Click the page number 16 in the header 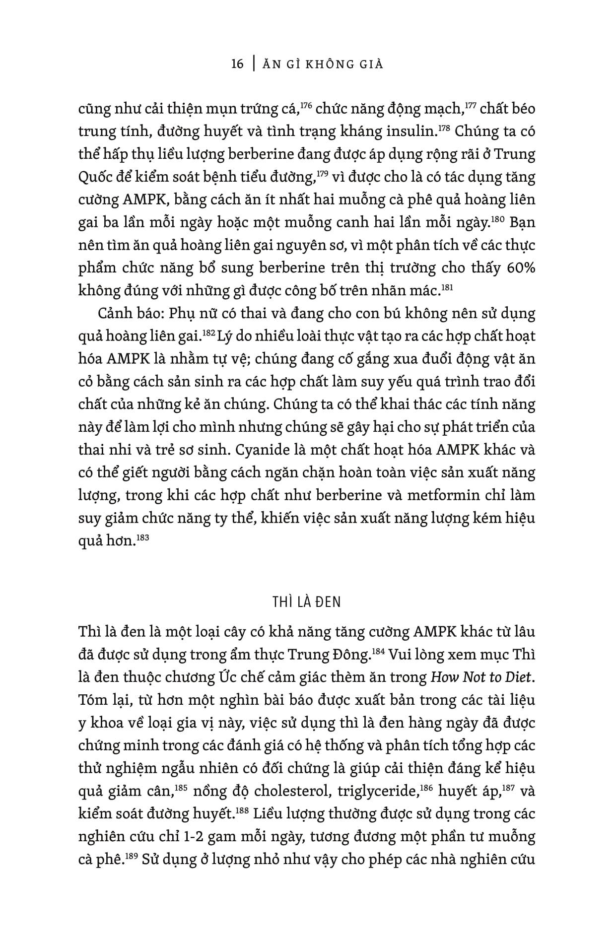click(237, 65)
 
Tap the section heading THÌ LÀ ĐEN click(307, 602)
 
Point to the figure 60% click(521, 268)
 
